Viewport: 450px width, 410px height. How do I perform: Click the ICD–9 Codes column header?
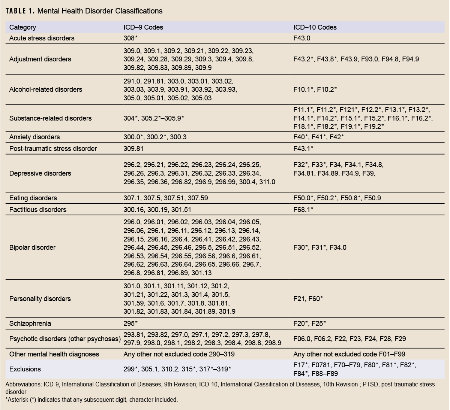point(143,27)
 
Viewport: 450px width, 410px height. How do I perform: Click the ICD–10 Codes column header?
point(315,27)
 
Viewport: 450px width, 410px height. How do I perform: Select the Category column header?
point(22,27)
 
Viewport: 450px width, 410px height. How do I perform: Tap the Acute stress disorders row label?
point(42,38)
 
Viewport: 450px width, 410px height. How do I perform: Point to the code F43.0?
point(302,38)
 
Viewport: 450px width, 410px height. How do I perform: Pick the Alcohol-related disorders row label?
point(45,89)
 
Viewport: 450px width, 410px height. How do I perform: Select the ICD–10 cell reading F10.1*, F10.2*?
point(315,89)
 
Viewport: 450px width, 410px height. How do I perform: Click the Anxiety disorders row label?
point(34,137)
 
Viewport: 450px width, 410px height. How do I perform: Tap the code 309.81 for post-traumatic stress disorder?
point(133,149)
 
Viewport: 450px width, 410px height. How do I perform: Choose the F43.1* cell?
point(303,149)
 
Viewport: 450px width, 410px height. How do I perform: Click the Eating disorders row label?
point(33,198)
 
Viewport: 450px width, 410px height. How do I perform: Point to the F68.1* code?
point(303,210)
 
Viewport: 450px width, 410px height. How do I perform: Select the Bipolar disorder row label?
point(32,247)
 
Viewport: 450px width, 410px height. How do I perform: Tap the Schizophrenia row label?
point(30,324)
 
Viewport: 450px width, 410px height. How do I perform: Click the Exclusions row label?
point(25,369)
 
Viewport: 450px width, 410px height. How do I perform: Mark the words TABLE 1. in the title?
point(20,11)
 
